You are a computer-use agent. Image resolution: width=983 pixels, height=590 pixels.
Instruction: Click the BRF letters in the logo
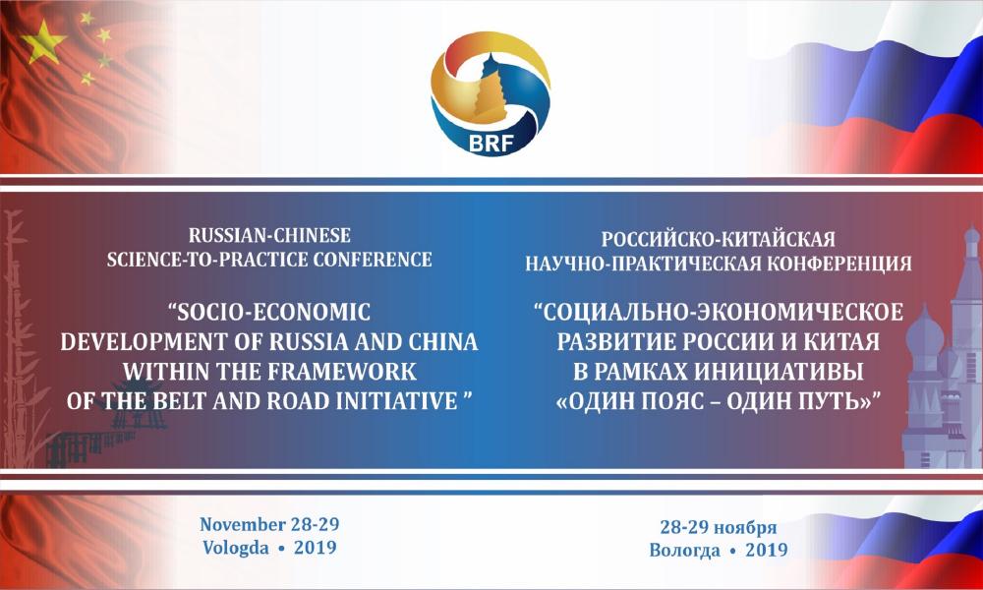(x=491, y=144)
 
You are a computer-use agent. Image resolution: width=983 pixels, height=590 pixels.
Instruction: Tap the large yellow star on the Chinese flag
(x=43, y=41)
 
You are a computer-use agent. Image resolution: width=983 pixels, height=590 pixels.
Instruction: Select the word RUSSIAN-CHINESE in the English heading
(x=269, y=236)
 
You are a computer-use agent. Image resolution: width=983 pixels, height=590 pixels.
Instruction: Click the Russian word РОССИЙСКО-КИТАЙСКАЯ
(x=719, y=240)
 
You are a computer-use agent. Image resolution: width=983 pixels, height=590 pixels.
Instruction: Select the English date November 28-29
(x=269, y=524)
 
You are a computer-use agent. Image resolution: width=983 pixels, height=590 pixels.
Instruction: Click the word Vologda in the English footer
(x=236, y=548)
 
